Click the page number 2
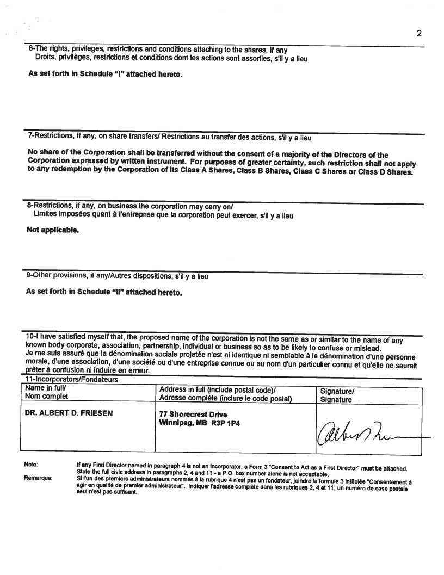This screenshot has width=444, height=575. (x=419, y=34)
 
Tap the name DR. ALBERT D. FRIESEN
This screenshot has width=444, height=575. (x=69, y=413)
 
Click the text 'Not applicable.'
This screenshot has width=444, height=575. (x=53, y=230)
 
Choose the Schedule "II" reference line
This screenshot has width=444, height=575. (x=104, y=292)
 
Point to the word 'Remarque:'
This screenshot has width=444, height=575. (x=38, y=478)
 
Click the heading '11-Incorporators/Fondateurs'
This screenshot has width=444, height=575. (x=72, y=380)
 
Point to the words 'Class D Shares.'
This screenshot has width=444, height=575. (x=386, y=172)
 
